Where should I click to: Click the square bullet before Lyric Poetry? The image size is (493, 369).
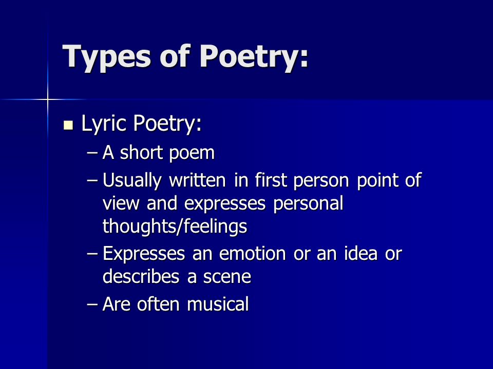(68, 125)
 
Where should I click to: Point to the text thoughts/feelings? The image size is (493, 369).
(175, 226)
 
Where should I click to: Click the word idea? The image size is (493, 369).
(362, 254)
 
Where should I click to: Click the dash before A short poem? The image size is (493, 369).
(92, 153)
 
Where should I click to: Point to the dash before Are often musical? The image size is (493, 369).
(92, 305)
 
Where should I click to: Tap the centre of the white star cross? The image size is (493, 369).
(47, 99)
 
